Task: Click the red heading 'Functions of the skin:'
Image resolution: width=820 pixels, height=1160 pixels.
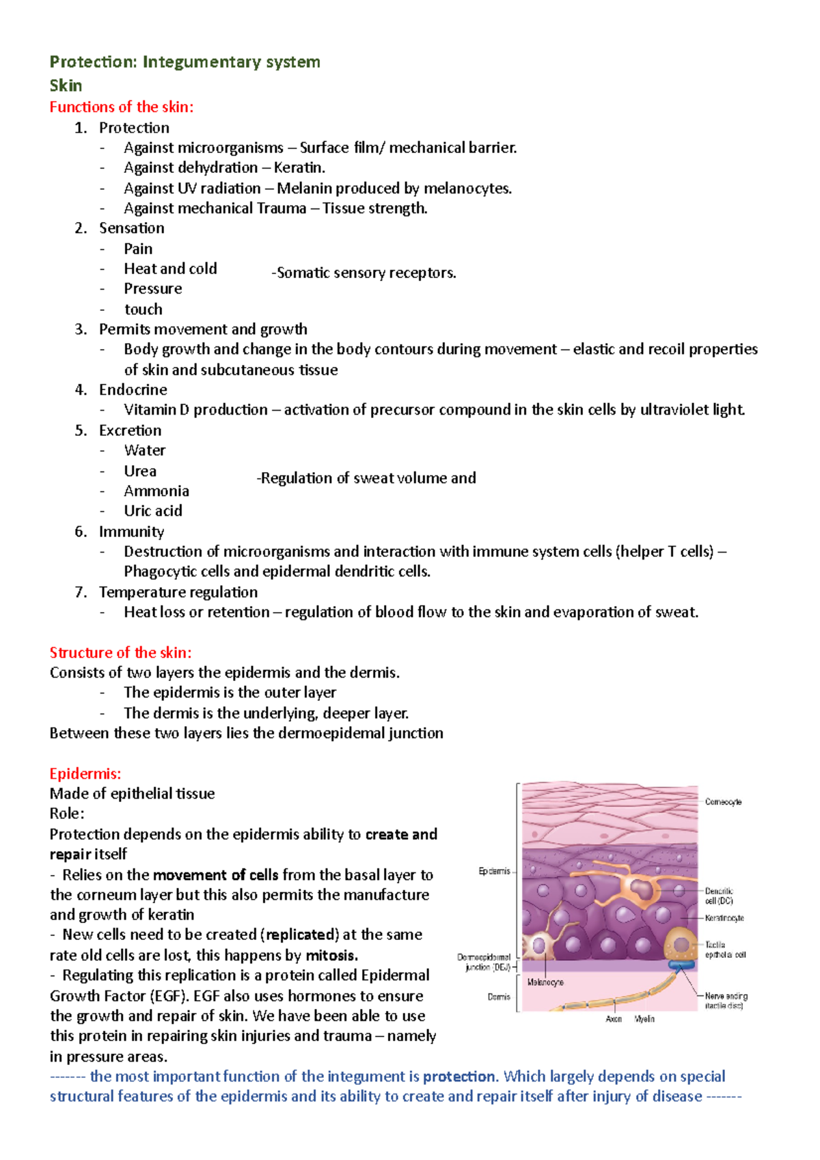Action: pos(122,107)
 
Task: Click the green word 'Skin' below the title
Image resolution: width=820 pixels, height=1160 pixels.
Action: pos(66,86)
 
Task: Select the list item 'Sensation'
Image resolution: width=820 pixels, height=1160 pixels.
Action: pos(131,228)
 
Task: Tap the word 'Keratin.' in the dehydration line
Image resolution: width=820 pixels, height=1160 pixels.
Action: pos(299,168)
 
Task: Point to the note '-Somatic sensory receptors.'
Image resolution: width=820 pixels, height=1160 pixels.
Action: pos(364,273)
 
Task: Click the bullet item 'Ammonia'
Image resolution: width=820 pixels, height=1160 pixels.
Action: pos(156,491)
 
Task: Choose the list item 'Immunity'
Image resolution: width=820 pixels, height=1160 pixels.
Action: pos(131,531)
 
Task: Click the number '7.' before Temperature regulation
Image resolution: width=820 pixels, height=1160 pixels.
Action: pos(81,592)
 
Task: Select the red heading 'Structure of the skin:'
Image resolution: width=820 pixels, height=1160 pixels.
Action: pos(120,652)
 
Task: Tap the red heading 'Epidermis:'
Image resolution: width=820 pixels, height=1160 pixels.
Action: pos(85,774)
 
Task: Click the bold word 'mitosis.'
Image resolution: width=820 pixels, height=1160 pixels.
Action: pos(331,955)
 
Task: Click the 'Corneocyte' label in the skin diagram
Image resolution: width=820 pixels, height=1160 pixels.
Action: pos(723,802)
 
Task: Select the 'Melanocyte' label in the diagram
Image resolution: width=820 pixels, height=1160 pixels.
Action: pos(545,982)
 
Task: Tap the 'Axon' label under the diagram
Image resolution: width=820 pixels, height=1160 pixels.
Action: pos(614,1019)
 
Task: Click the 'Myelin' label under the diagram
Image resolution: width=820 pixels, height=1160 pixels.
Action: pos(644,1019)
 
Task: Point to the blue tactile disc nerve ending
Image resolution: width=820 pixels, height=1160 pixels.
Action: pos(681,965)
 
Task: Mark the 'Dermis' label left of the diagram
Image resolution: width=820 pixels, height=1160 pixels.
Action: pos(499,997)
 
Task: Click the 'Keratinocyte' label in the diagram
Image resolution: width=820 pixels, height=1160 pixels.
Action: pos(724,918)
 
